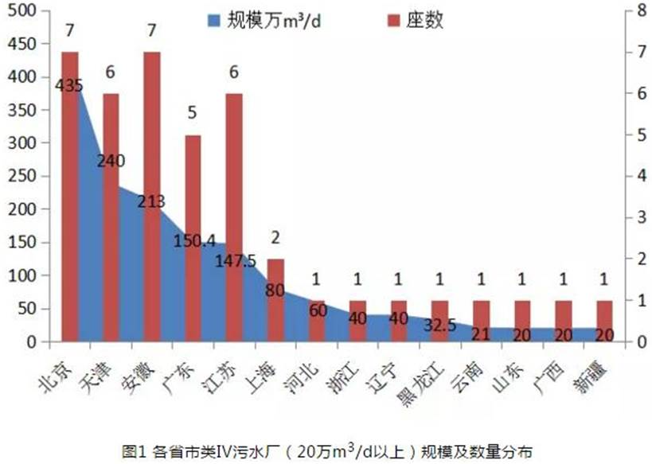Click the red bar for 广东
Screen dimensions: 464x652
point(193,238)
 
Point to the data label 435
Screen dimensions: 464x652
point(69,85)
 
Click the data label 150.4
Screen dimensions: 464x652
point(193,240)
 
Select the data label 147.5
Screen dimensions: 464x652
point(234,260)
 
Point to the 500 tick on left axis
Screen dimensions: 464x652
point(24,11)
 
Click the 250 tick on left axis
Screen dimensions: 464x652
point(24,177)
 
